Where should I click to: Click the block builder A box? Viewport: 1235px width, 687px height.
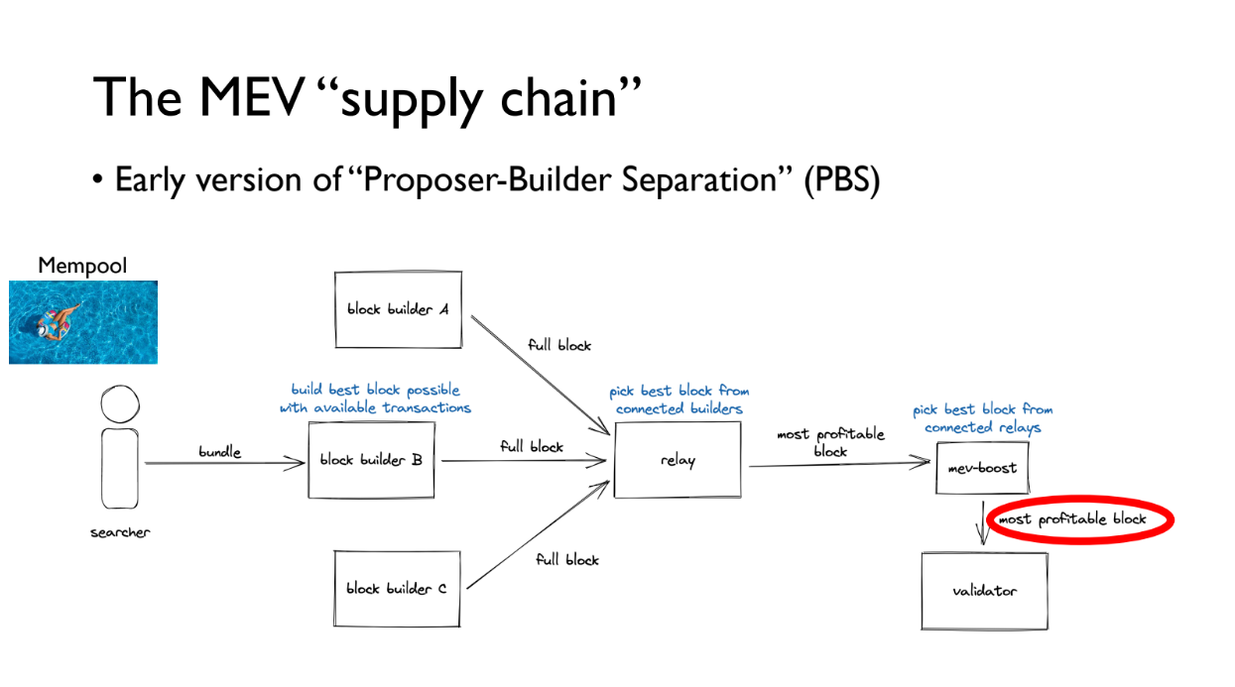(x=398, y=309)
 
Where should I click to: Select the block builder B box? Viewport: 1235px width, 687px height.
(x=372, y=460)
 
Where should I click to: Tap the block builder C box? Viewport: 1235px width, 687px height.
(x=397, y=589)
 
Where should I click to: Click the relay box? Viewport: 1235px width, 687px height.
(x=678, y=460)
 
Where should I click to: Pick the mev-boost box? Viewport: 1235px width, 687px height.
(x=982, y=468)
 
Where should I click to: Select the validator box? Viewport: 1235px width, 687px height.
(x=984, y=591)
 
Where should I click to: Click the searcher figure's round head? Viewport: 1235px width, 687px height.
(x=119, y=405)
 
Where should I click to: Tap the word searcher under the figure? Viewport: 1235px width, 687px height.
(x=120, y=532)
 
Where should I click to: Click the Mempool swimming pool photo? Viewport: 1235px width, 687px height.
(x=83, y=321)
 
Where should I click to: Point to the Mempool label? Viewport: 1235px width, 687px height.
(x=82, y=266)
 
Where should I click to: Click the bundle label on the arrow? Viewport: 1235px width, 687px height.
(x=219, y=452)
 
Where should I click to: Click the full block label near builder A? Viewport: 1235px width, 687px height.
(x=559, y=345)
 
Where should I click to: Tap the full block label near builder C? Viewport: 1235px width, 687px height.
(x=567, y=559)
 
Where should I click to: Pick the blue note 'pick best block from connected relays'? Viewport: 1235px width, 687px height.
(x=982, y=418)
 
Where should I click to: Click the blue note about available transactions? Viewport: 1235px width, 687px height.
(x=375, y=399)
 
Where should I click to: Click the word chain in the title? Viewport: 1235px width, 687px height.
(x=567, y=98)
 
